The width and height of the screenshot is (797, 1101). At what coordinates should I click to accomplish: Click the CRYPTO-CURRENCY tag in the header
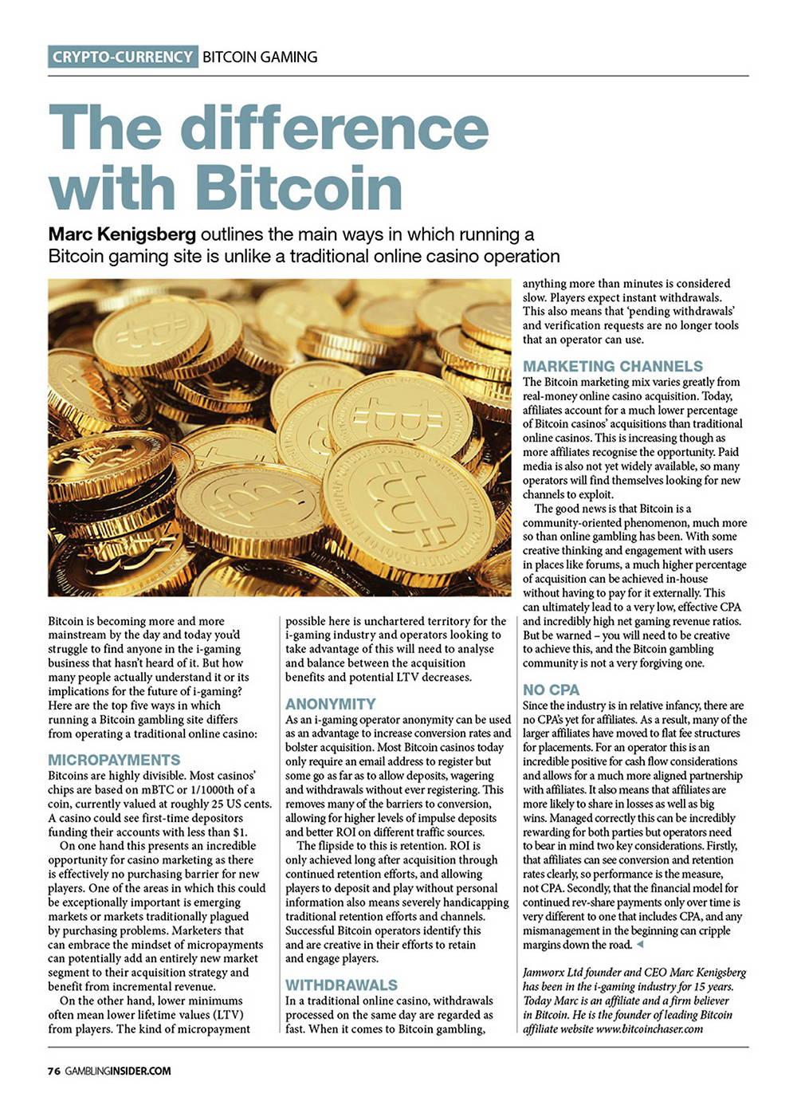tap(123, 57)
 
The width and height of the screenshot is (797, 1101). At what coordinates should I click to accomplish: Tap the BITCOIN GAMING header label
tap(260, 57)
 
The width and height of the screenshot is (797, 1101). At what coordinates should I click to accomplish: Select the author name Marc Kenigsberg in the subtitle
tap(122, 234)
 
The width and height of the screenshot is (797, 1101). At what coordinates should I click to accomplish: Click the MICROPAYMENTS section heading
tap(114, 760)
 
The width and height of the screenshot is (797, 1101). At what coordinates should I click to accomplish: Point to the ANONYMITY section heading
tap(330, 704)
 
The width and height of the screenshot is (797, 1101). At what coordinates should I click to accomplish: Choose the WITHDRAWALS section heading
tap(341, 985)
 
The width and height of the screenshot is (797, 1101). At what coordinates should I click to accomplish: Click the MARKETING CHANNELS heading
tap(613, 366)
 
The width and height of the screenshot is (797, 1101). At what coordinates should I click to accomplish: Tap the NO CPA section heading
tap(551, 690)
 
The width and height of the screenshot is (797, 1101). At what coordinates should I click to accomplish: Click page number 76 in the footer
tap(53, 1071)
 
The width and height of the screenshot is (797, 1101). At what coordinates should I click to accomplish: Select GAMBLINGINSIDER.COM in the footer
tap(118, 1071)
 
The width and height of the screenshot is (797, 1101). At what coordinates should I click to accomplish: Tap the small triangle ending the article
tap(639, 944)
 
